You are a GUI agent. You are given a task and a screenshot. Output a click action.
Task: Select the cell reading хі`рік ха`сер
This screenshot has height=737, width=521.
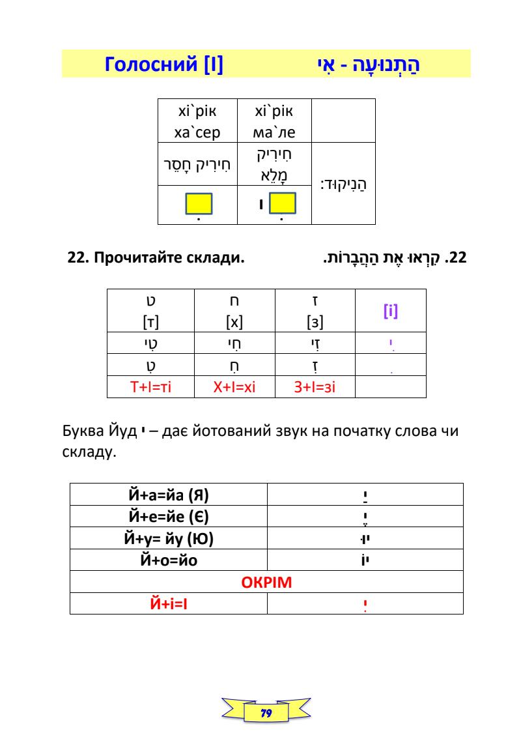(197, 123)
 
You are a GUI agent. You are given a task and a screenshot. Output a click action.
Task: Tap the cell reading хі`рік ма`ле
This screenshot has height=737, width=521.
(275, 123)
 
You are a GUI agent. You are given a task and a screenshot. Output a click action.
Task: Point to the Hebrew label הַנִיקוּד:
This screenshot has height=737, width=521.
(344, 186)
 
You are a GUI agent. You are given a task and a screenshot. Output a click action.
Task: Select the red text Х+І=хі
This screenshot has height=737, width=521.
(235, 389)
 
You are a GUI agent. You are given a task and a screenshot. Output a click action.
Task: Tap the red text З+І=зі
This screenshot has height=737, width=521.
(315, 389)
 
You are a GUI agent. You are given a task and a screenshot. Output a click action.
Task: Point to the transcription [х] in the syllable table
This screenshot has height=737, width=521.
(235, 321)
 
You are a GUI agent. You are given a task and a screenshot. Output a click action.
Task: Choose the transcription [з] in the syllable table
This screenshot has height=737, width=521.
(315, 321)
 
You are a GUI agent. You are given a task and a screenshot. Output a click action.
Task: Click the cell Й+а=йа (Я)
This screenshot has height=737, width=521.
(168, 494)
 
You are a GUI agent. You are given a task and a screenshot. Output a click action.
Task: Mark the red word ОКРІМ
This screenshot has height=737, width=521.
(266, 582)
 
